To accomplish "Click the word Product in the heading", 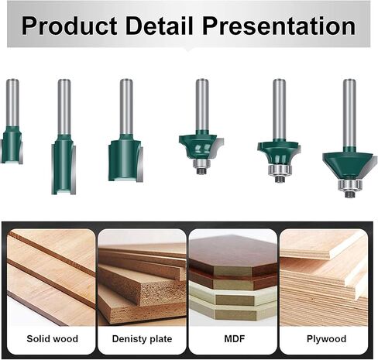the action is pos(69,26).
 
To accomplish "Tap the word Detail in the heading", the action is pos(160,26).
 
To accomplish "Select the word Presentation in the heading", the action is pos(279,26).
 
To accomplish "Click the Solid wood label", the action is pos(52,338).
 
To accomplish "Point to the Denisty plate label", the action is pos(142,339).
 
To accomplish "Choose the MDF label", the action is pos(235,338).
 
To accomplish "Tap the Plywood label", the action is pos(326,339).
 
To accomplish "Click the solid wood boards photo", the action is pos(51,277).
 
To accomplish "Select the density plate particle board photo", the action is pos(142,277).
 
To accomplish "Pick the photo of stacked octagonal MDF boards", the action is pos(233,277).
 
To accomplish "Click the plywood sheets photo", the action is pos(324,277).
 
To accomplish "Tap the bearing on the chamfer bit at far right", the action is pos(349,185).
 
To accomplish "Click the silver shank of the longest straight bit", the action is pos(64,107).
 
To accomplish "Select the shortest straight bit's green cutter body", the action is pos(12,145).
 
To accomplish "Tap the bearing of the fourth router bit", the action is pos(201,164).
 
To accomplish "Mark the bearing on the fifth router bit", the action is pos(280,170).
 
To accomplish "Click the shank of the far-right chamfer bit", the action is pos(349,113).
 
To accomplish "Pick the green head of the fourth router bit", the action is pos(200,145).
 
